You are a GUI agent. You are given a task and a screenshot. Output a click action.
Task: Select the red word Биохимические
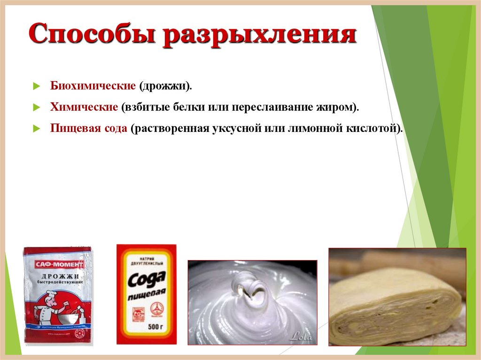(93, 86)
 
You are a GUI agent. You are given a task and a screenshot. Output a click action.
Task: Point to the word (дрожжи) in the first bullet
(165, 86)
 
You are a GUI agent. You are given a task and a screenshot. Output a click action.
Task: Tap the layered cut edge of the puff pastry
(395, 319)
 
